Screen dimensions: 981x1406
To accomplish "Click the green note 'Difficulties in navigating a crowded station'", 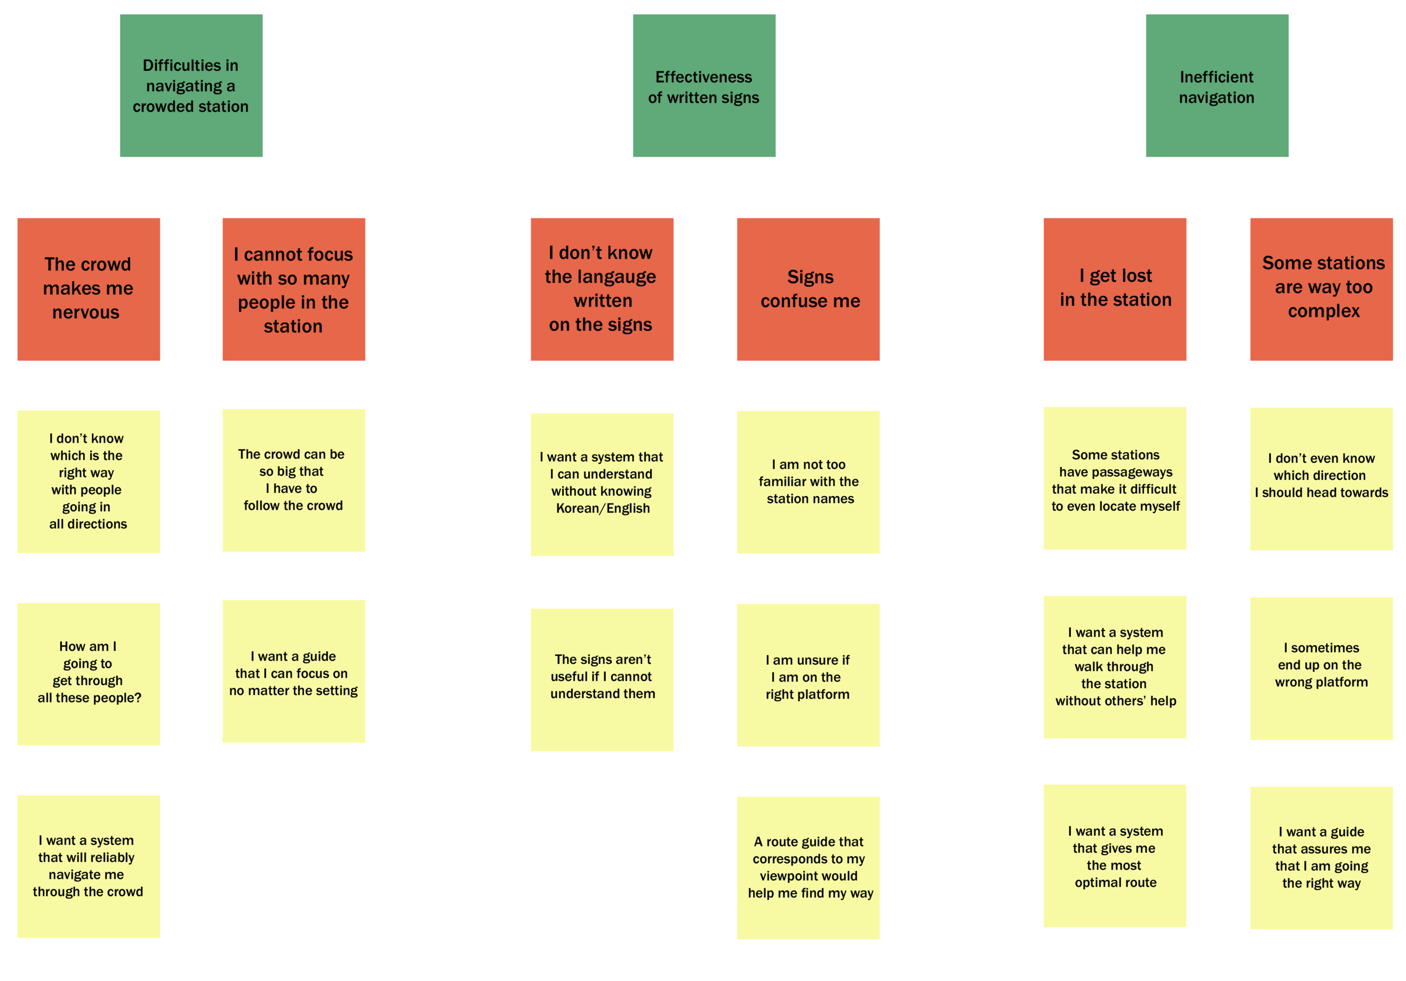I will [x=191, y=85].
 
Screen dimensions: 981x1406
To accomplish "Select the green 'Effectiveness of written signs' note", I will [x=704, y=85].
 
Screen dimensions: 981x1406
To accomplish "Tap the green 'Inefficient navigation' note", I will [x=1217, y=85].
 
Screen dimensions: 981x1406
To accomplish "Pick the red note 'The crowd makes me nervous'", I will [x=88, y=289].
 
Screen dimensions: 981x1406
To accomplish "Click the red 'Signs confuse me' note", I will [x=808, y=289].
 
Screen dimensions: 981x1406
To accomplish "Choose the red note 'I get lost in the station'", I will [x=1115, y=289].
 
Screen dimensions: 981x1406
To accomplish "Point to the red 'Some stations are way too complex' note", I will [x=1322, y=289].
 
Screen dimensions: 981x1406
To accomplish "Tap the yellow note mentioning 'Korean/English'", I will [x=602, y=484].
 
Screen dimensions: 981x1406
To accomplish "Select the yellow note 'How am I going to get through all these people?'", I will [x=88, y=674].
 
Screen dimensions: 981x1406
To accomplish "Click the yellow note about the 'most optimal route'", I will [x=1115, y=856].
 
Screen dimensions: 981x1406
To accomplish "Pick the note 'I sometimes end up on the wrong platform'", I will [x=1322, y=668].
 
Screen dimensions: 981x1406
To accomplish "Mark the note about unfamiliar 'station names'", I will [x=808, y=482].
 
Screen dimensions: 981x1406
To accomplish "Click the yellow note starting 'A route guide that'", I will [x=808, y=868].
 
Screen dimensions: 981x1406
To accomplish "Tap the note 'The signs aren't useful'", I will [x=602, y=679].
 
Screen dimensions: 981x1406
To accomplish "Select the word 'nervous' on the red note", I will [x=85, y=312].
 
